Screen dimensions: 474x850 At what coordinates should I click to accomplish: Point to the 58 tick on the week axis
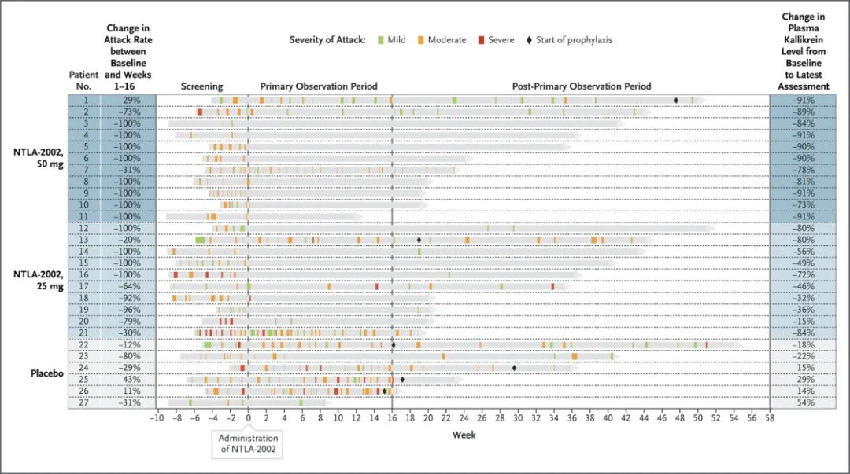(770, 418)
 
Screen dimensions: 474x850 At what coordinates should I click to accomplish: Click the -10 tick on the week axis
(157, 418)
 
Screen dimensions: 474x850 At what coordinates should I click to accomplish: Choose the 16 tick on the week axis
(392, 418)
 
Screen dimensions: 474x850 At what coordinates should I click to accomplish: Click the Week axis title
(463, 435)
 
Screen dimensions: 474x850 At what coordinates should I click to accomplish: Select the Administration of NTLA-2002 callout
(248, 443)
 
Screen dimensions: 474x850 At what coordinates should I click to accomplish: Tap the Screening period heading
(201, 86)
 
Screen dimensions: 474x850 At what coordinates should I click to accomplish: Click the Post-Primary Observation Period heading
(582, 86)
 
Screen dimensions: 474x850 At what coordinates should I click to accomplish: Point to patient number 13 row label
(83, 240)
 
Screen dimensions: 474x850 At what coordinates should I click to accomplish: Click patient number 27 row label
(83, 402)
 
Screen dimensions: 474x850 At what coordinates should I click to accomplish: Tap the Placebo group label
(46, 373)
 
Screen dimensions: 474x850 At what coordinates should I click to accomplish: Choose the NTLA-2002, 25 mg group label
(38, 280)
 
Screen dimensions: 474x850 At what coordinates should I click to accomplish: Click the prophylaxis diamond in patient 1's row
(676, 100)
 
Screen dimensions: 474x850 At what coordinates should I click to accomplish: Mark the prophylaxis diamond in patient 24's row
(514, 367)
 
